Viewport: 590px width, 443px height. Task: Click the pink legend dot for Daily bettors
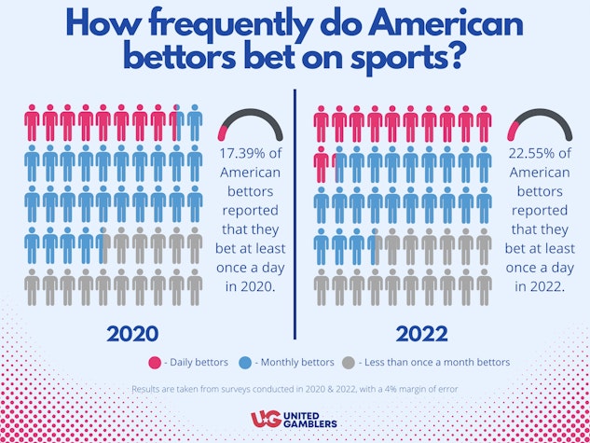[155, 362]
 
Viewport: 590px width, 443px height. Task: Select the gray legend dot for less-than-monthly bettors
[350, 362]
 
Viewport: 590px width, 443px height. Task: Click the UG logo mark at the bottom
[264, 421]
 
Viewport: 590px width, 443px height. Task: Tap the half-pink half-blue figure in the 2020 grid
[177, 122]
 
